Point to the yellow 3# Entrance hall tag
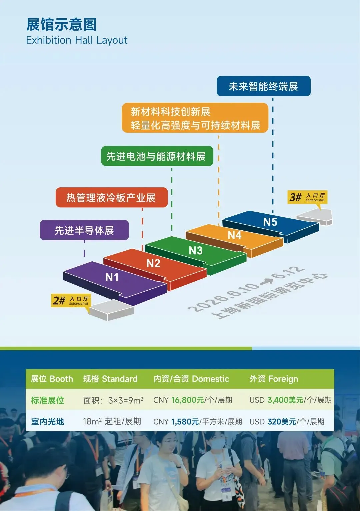coord(307,197)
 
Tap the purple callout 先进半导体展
coord(84,230)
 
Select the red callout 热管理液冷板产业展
coord(111,198)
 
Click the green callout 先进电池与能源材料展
coord(157,156)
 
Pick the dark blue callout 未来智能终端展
coord(263,86)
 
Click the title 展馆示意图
coord(62,24)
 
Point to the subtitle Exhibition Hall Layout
coord(77,40)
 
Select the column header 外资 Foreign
coord(274,379)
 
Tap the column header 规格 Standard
coord(110,379)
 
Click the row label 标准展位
coord(48,400)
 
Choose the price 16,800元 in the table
coord(187,400)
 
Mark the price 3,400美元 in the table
coord(285,400)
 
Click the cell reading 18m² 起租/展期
coord(112,422)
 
